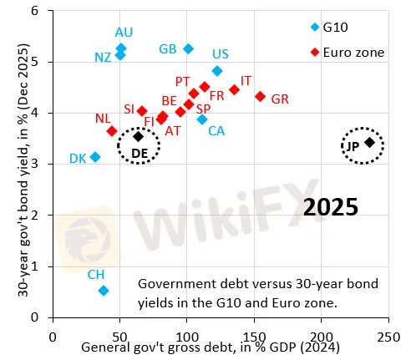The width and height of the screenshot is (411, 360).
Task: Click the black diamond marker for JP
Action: pos(369,143)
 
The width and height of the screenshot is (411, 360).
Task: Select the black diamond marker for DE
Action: pos(139,137)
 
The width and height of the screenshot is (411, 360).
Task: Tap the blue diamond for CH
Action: pos(104,291)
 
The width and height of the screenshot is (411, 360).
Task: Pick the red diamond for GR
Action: pos(260,97)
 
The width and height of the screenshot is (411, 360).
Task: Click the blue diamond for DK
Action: pos(95,157)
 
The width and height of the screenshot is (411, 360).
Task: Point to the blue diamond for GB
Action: pos(188,49)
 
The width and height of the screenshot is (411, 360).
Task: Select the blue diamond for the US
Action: pos(217,71)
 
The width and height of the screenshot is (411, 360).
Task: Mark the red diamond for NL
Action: pos(112,131)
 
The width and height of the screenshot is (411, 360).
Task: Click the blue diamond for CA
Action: pos(202,119)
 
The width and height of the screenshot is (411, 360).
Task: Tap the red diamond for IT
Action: pos(235,89)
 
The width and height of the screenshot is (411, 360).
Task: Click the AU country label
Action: pos(124,32)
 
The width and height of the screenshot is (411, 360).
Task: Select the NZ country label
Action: pos(103,58)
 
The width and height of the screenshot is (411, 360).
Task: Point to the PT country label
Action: pos(183,81)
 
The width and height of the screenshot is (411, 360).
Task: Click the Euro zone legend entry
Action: pos(347,52)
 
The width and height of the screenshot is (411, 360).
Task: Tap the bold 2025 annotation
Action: pos(331,206)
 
